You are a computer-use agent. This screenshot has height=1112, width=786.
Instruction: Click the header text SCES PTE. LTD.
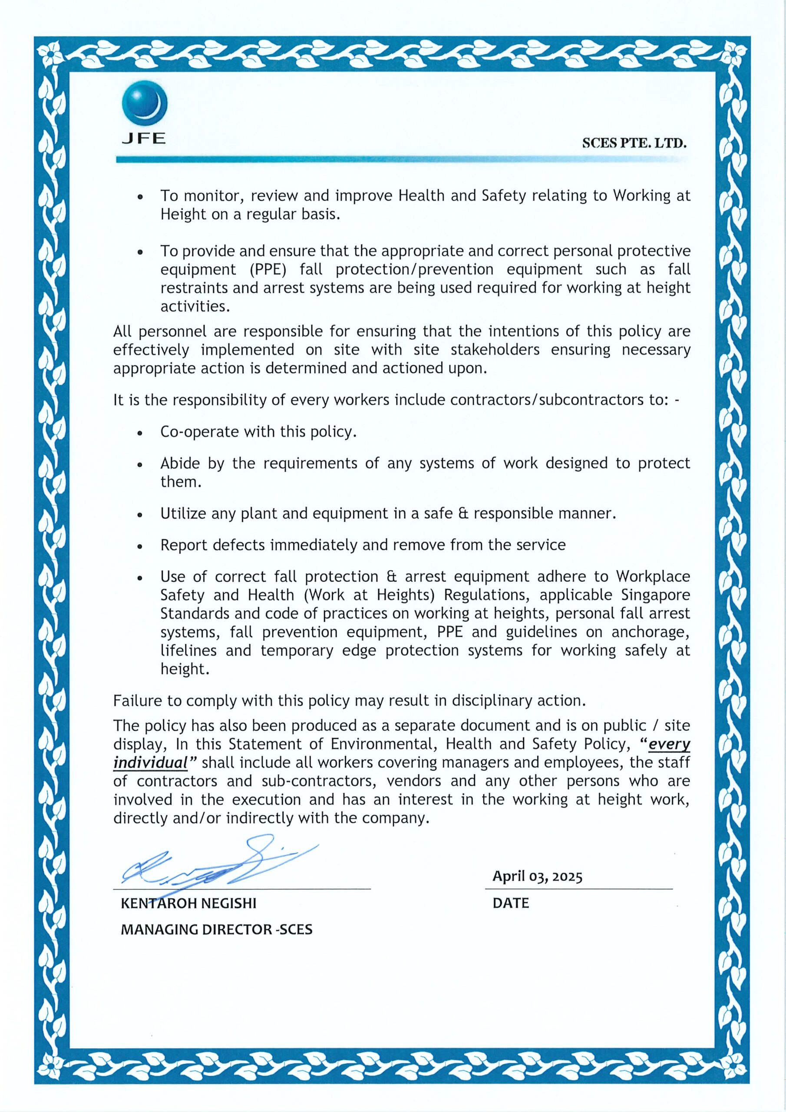[634, 143]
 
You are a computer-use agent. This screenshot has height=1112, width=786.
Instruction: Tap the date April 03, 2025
[537, 877]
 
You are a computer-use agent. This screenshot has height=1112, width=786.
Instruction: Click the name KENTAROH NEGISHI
[188, 903]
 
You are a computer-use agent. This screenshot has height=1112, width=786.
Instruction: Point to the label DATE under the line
[510, 903]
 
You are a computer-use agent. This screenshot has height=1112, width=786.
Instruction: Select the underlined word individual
[150, 763]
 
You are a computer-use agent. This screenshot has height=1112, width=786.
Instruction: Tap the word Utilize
[183, 513]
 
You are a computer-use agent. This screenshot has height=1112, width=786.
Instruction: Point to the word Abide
[179, 463]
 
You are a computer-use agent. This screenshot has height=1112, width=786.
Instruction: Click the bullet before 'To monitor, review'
[140, 197]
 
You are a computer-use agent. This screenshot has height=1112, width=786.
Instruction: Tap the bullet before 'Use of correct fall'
[140, 578]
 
